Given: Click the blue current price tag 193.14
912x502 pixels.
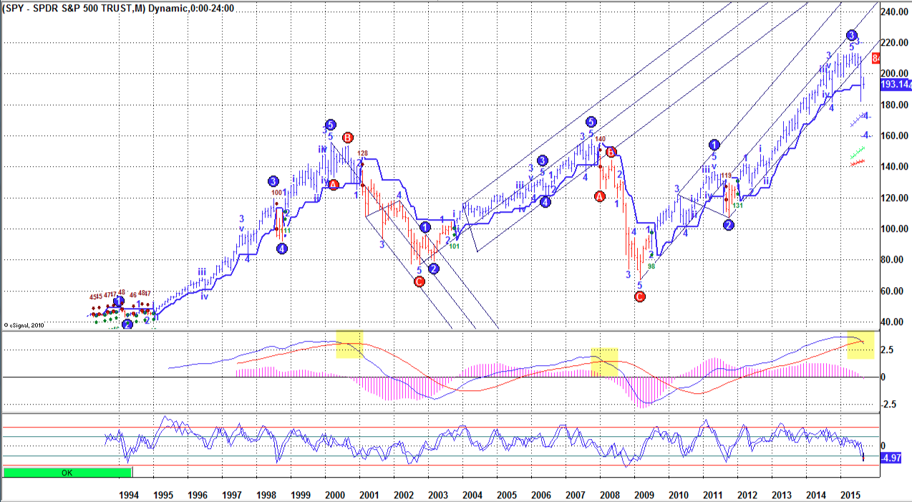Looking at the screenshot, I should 896,85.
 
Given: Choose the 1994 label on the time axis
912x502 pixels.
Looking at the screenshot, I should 129,495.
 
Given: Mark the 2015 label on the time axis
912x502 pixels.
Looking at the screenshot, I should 850,495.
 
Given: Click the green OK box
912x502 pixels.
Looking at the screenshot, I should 67,473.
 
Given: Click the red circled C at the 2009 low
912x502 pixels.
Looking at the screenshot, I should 640,297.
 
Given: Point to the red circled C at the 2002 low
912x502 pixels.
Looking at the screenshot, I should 419,281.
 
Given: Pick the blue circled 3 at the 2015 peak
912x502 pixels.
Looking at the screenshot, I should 851,35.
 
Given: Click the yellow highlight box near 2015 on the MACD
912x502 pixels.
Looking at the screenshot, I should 860,345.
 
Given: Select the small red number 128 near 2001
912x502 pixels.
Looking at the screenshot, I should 363,153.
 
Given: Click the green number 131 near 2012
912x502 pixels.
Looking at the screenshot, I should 738,206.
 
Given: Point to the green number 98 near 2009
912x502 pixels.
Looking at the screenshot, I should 651,266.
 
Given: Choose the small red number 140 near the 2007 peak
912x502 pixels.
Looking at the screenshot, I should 601,139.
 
